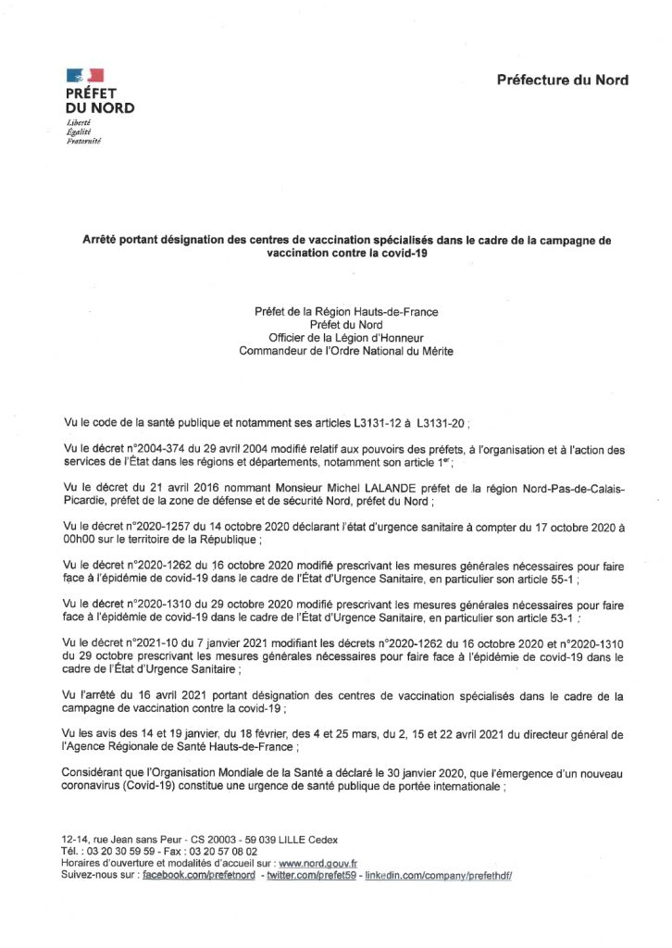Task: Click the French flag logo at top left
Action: click(84, 75)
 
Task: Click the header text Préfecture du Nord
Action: click(563, 80)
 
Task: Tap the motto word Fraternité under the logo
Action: click(83, 141)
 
